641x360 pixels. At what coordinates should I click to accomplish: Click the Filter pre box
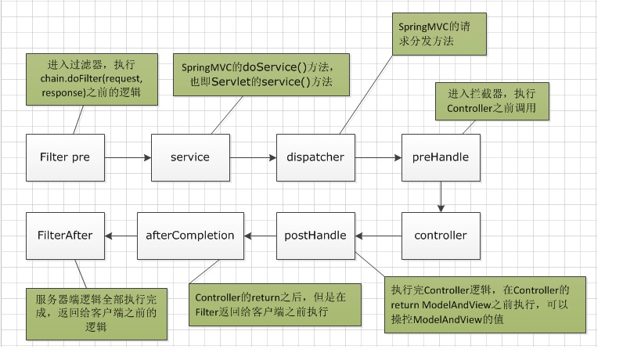(x=65, y=157)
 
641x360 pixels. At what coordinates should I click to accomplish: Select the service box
(x=190, y=157)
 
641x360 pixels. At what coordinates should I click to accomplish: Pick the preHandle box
(x=441, y=157)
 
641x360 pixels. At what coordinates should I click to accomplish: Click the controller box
(x=441, y=236)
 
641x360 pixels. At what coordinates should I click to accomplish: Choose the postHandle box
(x=315, y=236)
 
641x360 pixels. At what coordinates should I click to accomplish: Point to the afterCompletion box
(x=190, y=236)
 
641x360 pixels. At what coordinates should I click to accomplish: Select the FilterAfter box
(x=65, y=236)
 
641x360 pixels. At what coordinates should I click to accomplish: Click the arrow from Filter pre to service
(x=127, y=157)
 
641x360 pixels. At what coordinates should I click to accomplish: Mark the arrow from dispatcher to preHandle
(x=377, y=157)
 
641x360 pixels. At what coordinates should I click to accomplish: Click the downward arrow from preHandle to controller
(x=441, y=196)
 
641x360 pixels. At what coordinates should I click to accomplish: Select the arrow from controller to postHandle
(x=378, y=236)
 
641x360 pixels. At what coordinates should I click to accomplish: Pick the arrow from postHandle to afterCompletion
(x=260, y=236)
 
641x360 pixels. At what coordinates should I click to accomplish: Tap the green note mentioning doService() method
(x=261, y=74)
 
